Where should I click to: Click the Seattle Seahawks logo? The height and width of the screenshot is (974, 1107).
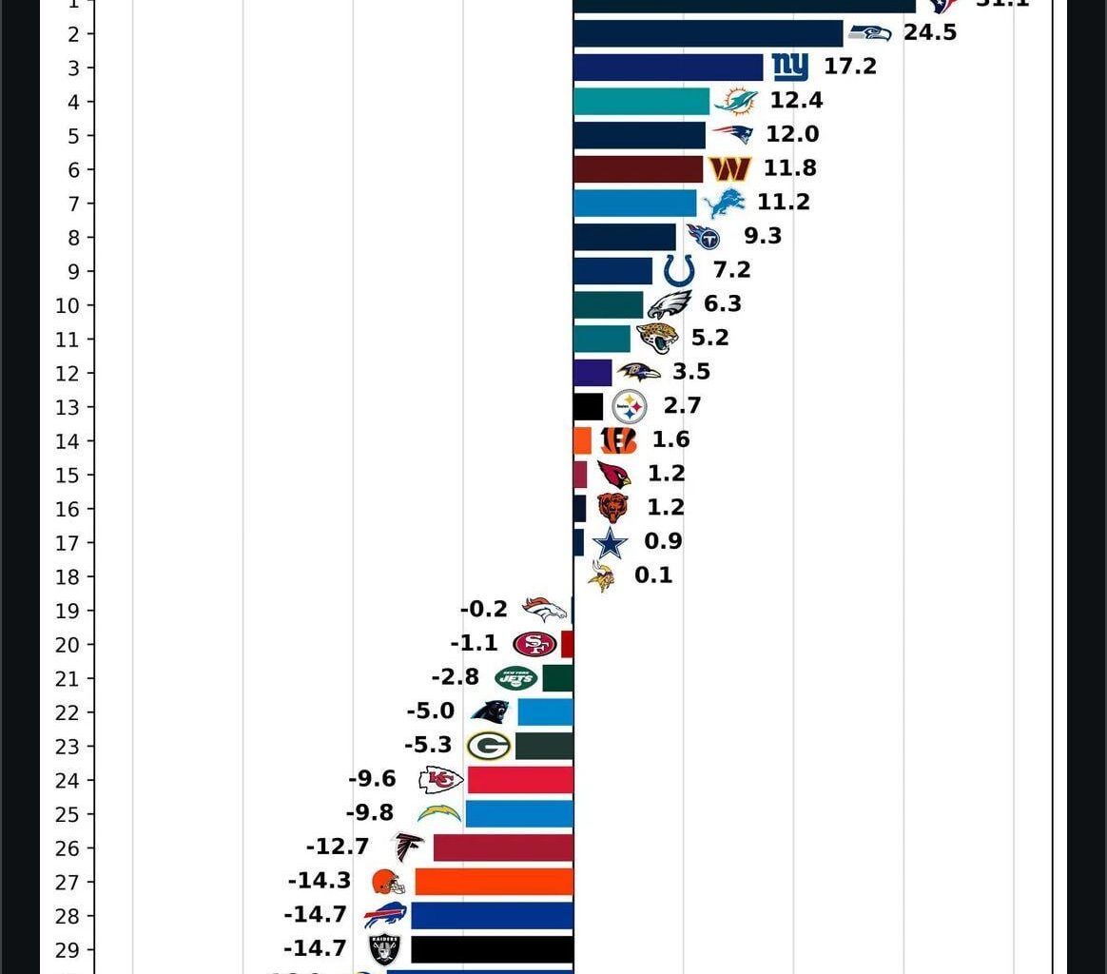click(x=869, y=32)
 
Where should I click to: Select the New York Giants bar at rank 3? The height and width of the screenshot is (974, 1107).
click(x=668, y=68)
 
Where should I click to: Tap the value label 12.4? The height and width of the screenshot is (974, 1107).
click(x=796, y=100)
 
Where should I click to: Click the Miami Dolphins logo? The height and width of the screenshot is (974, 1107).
click(x=736, y=101)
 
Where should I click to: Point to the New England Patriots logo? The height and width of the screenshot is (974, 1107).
click(x=732, y=134)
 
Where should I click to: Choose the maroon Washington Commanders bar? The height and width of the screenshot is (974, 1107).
click(x=638, y=169)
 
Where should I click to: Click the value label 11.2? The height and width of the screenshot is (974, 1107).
click(x=783, y=202)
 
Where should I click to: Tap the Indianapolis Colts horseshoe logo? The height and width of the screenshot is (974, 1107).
click(x=679, y=270)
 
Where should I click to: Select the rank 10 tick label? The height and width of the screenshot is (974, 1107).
click(x=68, y=305)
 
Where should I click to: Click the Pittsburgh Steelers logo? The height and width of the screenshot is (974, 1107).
click(x=630, y=407)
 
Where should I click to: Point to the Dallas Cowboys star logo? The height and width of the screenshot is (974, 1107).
click(x=610, y=543)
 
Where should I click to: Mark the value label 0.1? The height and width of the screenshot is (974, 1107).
click(x=653, y=575)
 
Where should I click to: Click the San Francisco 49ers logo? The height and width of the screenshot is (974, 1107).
click(x=534, y=644)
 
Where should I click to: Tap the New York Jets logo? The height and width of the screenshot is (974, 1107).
click(x=515, y=678)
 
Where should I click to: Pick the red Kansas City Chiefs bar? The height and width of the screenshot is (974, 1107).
click(x=520, y=780)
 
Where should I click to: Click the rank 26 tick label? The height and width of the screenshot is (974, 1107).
click(x=68, y=848)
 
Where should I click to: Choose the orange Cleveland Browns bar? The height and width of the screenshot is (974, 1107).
click(x=494, y=882)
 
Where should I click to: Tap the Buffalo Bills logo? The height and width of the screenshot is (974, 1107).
click(x=385, y=916)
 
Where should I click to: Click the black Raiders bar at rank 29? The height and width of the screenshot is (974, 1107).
click(x=492, y=949)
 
